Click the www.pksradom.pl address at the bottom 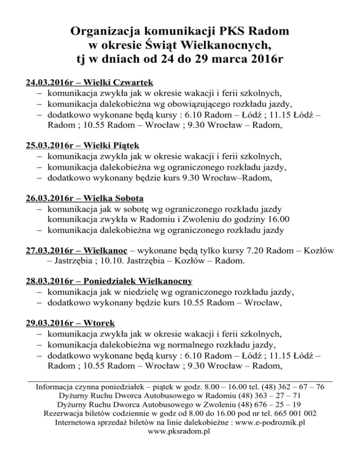(x=180, y=431)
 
